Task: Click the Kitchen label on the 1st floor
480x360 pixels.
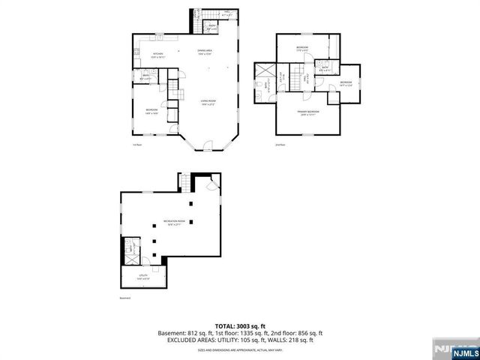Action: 159,54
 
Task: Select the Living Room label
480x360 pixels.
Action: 208,103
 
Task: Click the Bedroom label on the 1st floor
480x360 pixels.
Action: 151,110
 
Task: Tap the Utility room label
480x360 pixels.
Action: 142,276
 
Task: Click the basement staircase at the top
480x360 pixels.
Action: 184,181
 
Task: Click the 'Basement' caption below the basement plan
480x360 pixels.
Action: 125,298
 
